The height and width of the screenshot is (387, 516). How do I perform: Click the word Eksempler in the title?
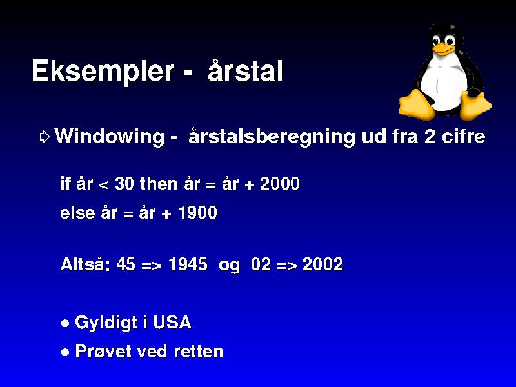point(103,72)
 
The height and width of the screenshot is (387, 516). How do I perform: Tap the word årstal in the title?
point(245,70)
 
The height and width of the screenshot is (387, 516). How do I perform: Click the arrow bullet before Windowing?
point(45,137)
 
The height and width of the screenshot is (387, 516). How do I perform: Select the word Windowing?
point(109,137)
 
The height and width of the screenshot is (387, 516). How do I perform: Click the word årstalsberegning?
point(272,136)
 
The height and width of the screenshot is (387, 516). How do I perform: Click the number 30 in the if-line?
point(124,183)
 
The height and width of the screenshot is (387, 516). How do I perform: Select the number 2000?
point(280,183)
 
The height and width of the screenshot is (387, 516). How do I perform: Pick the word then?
point(159,183)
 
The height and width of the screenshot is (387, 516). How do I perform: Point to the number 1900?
point(197,212)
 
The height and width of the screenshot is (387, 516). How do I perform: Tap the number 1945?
point(188,264)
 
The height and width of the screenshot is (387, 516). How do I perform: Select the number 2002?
point(322,264)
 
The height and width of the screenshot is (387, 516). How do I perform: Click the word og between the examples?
point(230,266)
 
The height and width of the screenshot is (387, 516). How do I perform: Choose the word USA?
point(172,322)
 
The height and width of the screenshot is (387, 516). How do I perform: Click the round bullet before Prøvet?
point(66,352)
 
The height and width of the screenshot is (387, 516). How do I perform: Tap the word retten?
point(199,352)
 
